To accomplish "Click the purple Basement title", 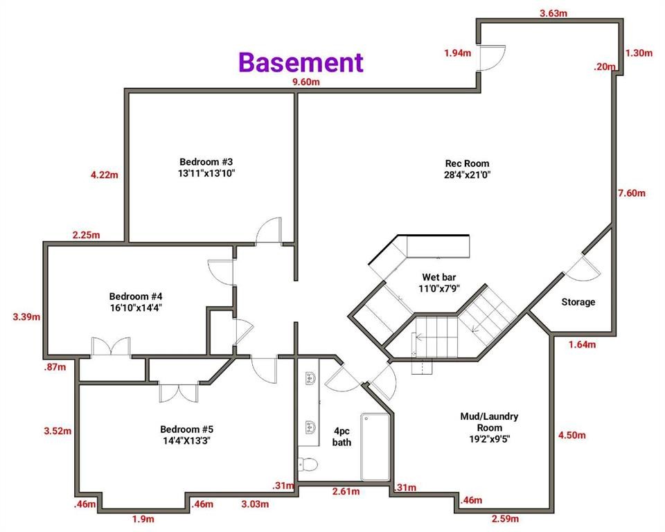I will [301, 62].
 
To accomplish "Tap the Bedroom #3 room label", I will [208, 167].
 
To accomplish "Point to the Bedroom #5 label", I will [184, 434].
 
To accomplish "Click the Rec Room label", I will [467, 170].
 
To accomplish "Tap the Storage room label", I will [578, 302].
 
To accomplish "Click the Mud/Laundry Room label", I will [489, 427].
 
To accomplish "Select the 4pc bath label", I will [342, 436].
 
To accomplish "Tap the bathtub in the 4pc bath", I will [375, 446].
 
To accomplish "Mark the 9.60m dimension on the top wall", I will [306, 82].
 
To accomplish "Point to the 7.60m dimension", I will [631, 193].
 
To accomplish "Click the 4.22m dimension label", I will [104, 175].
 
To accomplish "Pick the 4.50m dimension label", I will [572, 435].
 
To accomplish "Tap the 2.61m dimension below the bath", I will [346, 492].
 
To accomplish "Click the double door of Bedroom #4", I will [111, 346].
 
